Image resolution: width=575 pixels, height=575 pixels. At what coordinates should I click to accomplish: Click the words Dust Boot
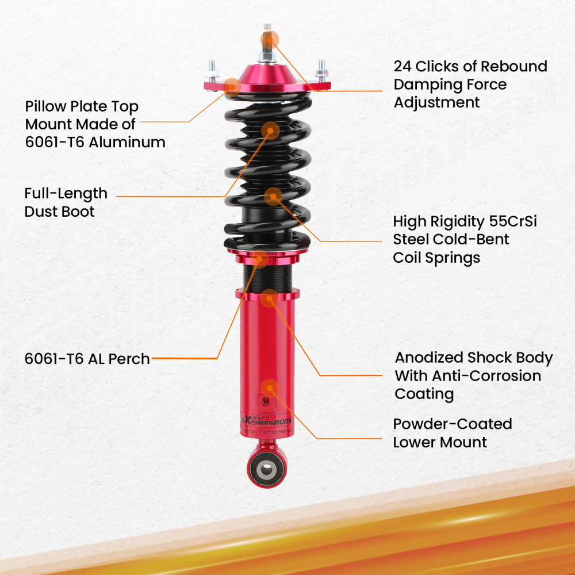[59, 211]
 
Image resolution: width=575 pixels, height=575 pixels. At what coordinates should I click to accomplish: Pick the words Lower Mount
[440, 442]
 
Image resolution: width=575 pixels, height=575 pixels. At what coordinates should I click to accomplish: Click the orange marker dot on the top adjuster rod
[269, 39]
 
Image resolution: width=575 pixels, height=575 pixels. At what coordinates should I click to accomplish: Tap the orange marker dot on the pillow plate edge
[232, 86]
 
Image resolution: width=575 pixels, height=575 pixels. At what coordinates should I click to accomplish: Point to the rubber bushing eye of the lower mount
[266, 468]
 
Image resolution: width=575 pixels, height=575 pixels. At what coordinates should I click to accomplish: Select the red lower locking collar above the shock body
[267, 294]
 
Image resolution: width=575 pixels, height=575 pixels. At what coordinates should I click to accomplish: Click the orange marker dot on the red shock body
[269, 386]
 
